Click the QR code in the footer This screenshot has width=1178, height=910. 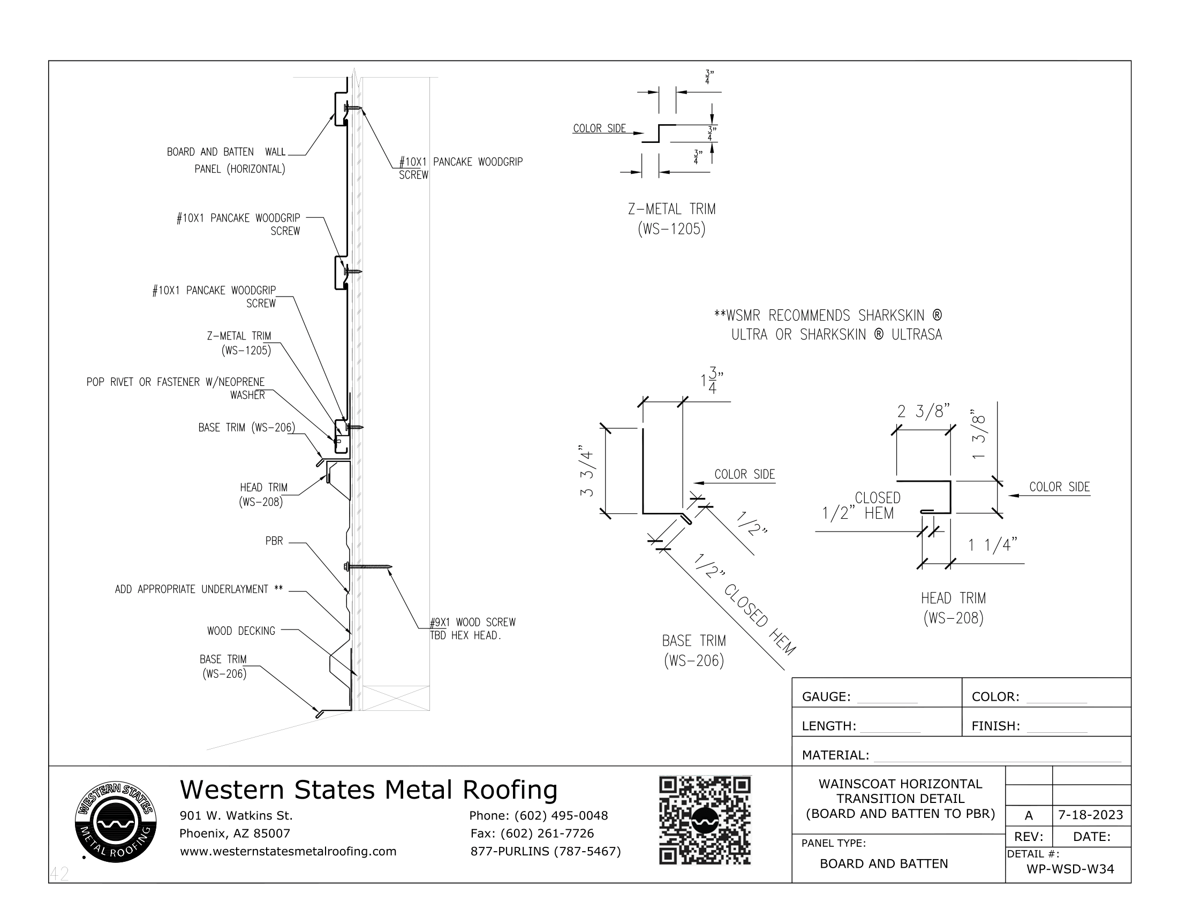(705, 820)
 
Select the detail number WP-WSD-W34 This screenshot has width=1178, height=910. (1070, 868)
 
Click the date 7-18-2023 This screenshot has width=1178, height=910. (1091, 815)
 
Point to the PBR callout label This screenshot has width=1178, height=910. (274, 541)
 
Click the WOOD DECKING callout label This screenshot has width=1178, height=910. (241, 631)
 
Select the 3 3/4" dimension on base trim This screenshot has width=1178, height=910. (587, 471)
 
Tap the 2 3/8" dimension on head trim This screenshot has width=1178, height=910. (923, 412)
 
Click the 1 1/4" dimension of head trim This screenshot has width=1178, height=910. (992, 545)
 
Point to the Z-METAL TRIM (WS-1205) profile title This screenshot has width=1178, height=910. (671, 219)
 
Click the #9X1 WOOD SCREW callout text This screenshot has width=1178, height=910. (472, 628)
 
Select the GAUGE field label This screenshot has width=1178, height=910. (826, 696)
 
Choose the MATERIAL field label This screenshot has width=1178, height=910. (835, 755)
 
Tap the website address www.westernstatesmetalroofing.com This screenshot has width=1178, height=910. (288, 851)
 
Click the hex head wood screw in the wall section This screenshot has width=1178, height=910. (368, 566)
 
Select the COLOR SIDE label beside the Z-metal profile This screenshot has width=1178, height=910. (599, 128)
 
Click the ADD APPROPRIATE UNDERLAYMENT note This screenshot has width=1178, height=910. (199, 589)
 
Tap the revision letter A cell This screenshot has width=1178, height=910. (1029, 815)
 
